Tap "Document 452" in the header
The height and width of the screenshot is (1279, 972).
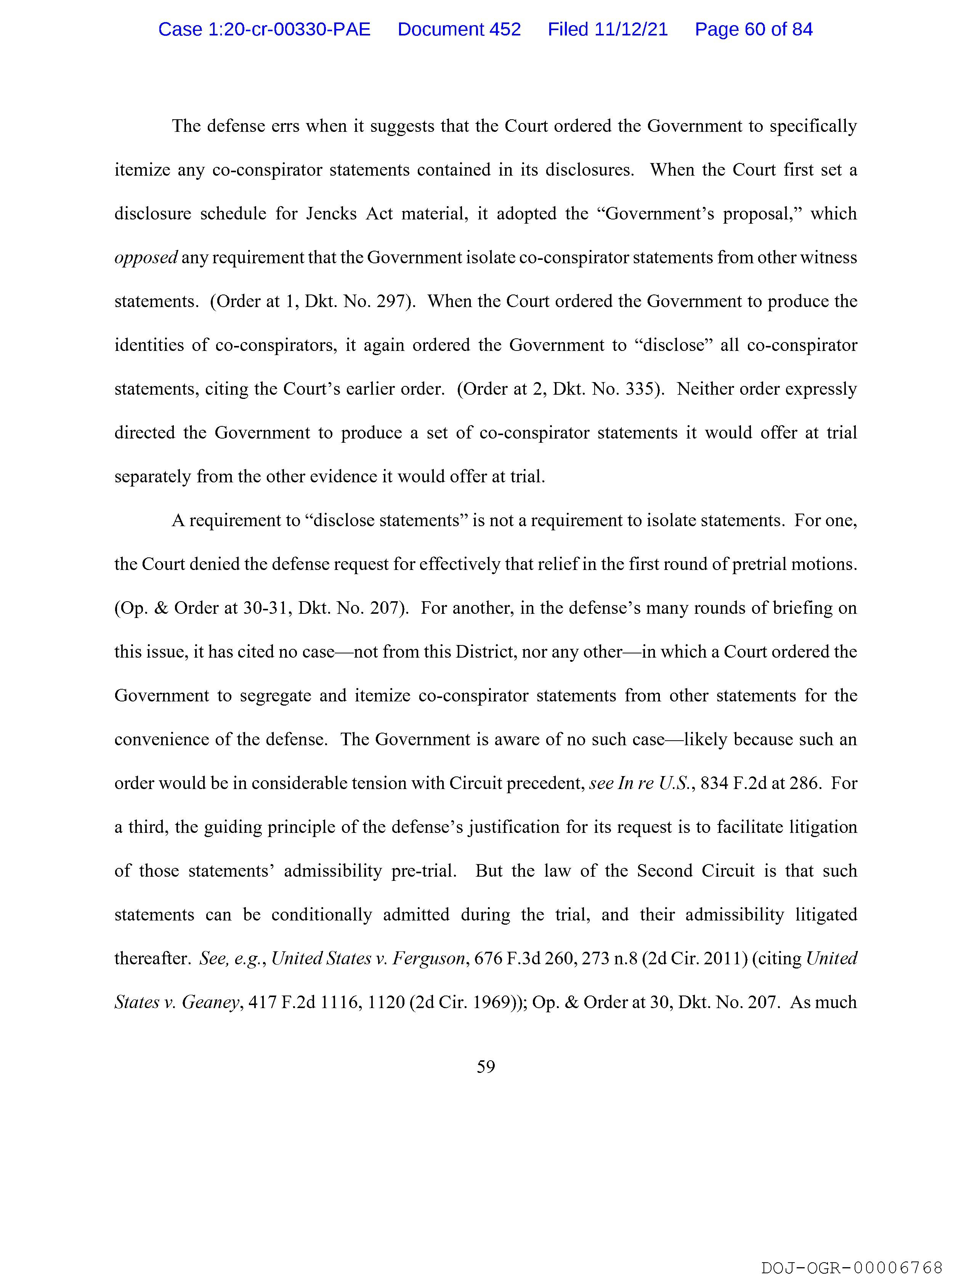(459, 29)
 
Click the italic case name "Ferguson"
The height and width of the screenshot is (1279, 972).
(429, 959)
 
